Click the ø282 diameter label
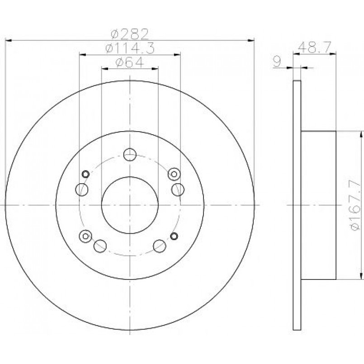129,34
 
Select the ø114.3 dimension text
130,48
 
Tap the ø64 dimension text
130,62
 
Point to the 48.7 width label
314,47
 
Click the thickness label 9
277,61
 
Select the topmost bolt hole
130,154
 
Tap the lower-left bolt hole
100,246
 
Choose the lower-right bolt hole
160,246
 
